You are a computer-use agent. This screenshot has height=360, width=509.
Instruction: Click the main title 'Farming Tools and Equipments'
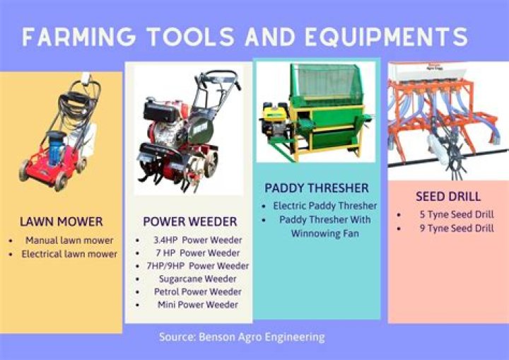pyautogui.click(x=244, y=37)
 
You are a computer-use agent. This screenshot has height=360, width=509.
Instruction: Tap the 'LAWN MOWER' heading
pyautogui.click(x=62, y=221)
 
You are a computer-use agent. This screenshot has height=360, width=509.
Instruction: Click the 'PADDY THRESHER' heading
pyautogui.click(x=317, y=188)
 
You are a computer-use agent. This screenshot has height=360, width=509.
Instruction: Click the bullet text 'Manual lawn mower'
pyautogui.click(x=69, y=240)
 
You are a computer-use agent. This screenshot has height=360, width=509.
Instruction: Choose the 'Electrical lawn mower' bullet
pyautogui.click(x=69, y=254)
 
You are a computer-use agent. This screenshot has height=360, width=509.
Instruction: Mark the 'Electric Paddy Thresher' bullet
pyautogui.click(x=325, y=206)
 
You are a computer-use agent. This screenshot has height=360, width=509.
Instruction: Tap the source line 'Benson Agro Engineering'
pyautogui.click(x=242, y=337)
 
